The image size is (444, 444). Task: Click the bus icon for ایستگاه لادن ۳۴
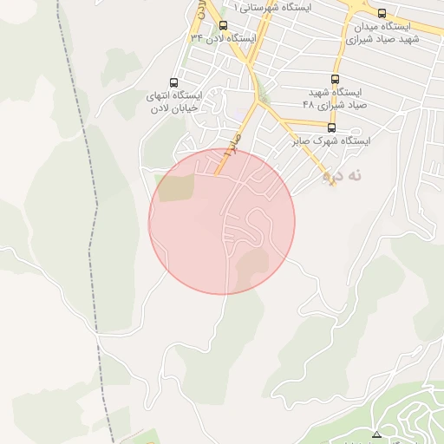click(x=223, y=25)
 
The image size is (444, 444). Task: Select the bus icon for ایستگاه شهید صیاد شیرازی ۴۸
click(x=336, y=78)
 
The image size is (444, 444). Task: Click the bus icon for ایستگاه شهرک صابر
click(x=331, y=127)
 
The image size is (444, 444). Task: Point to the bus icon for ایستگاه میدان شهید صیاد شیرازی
click(x=382, y=13)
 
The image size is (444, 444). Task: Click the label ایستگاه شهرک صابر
click(x=333, y=140)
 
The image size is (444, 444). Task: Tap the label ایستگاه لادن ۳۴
click(x=224, y=38)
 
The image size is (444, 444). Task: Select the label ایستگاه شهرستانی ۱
click(x=277, y=6)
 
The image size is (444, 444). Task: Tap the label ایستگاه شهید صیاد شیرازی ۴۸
click(x=335, y=97)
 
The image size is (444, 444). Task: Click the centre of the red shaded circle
click(x=222, y=221)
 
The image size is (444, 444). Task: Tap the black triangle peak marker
click(x=376, y=434)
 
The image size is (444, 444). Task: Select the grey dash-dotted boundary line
click(x=87, y=217)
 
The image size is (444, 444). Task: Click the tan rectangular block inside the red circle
click(x=178, y=188)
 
